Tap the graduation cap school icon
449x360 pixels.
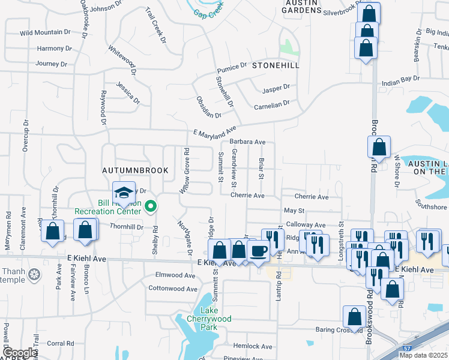(124, 193)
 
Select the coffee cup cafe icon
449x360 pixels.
(258, 250)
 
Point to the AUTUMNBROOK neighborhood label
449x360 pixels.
(136, 171)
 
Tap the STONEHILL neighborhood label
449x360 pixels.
(275, 65)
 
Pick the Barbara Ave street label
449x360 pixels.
(247, 142)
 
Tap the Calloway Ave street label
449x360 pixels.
(305, 224)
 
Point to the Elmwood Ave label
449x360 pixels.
(176, 275)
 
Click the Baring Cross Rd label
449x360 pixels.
(340, 329)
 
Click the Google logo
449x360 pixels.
(19, 353)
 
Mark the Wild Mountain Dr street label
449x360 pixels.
(44, 34)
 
